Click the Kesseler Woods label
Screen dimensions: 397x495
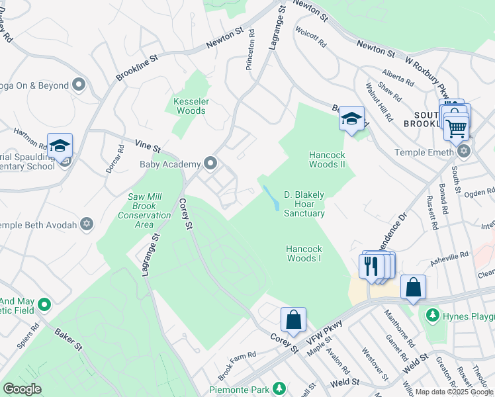[x=191, y=106]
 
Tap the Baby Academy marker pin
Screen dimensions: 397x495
[x=211, y=163]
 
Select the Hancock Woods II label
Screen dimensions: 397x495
[x=328, y=159]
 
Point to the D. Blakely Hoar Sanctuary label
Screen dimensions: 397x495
[x=304, y=204]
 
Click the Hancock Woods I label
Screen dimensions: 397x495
[x=304, y=253]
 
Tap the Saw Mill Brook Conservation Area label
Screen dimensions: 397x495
[x=145, y=210]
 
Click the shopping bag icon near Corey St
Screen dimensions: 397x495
[x=293, y=320]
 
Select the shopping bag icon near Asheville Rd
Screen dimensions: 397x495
[x=413, y=287]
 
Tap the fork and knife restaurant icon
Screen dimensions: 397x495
[x=371, y=266]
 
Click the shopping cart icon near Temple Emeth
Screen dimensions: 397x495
[x=456, y=128]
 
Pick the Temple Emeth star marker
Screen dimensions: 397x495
[x=463, y=152]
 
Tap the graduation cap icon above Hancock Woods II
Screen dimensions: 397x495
[x=351, y=119]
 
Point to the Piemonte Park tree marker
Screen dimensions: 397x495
[x=280, y=387]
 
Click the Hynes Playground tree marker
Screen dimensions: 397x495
[x=433, y=314]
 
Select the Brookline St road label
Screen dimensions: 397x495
[x=138, y=67]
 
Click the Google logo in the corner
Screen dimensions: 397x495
[x=22, y=389]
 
